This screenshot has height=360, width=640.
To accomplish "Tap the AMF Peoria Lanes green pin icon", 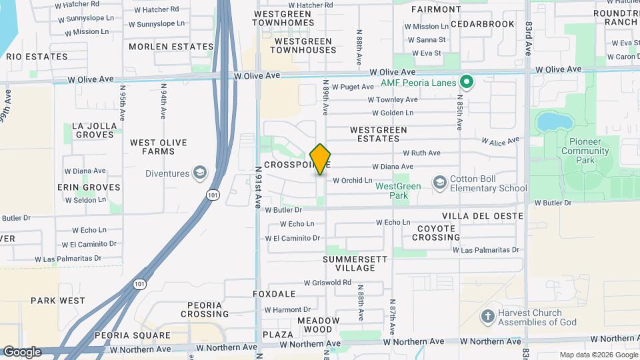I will [x=467, y=83].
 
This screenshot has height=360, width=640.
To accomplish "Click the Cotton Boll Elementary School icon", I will [x=439, y=182].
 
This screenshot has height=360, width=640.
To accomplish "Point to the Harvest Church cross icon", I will [x=488, y=315].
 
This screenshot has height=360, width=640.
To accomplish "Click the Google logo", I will [x=21, y=351].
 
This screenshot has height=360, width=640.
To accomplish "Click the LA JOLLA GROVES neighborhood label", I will [x=94, y=130].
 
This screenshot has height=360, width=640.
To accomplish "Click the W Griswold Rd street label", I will [x=327, y=283].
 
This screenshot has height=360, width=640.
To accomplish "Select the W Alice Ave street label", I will [x=500, y=141].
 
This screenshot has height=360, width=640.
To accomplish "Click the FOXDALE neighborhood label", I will [x=274, y=293].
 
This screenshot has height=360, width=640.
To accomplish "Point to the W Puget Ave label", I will [x=353, y=87].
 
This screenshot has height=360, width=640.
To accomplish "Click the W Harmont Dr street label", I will [x=287, y=310].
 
